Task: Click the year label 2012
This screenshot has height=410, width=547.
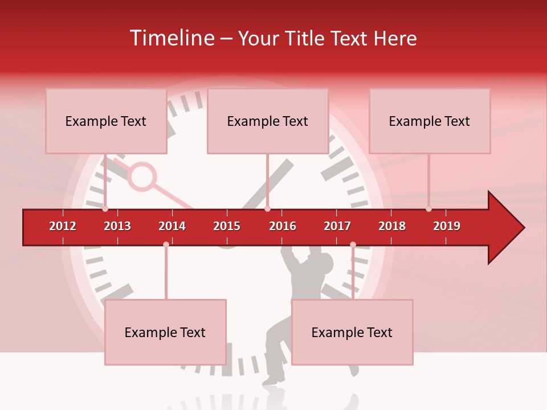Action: pyautogui.click(x=63, y=226)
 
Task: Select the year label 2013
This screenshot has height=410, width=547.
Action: pyautogui.click(x=117, y=226)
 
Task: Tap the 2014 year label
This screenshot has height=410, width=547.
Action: pyautogui.click(x=172, y=226)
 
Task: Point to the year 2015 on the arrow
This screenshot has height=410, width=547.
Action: pyautogui.click(x=227, y=226)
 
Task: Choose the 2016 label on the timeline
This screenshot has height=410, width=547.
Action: pyautogui.click(x=283, y=226)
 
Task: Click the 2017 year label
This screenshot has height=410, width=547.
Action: pyautogui.click(x=337, y=226)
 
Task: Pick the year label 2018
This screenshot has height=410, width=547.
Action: pyautogui.click(x=392, y=226)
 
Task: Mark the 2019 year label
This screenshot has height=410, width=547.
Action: pyautogui.click(x=447, y=226)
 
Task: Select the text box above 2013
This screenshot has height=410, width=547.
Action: pyautogui.click(x=106, y=121)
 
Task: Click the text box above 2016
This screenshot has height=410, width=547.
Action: pyautogui.click(x=268, y=121)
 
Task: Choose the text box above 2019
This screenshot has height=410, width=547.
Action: pyautogui.click(x=430, y=121)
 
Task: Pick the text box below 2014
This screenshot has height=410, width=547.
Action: pyautogui.click(x=165, y=332)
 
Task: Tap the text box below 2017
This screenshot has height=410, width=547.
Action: pyautogui.click(x=352, y=332)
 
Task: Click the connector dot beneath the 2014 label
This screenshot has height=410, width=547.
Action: pyautogui.click(x=166, y=244)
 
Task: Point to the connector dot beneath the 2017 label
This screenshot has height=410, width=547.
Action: pyautogui.click(x=353, y=244)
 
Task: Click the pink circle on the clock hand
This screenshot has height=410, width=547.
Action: pyautogui.click(x=142, y=177)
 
